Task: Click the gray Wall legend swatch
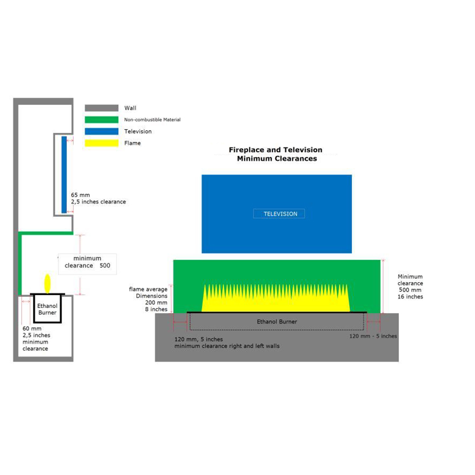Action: pyautogui.click(x=101, y=108)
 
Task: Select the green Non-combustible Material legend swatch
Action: pyautogui.click(x=101, y=120)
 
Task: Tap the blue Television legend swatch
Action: pyautogui.click(x=101, y=131)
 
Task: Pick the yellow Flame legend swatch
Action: pyautogui.click(x=101, y=143)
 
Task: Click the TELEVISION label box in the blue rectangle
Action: pyautogui.click(x=279, y=214)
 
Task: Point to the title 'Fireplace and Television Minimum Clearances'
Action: pyautogui.click(x=276, y=154)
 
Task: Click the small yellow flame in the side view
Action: pyautogui.click(x=47, y=283)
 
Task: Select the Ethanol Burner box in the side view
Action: pyautogui.click(x=47, y=309)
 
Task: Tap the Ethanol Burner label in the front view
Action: pyautogui.click(x=277, y=322)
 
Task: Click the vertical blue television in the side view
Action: pyautogui.click(x=64, y=175)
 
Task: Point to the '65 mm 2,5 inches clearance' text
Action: pyautogui.click(x=98, y=198)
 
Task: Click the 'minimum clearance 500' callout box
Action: pyautogui.click(x=87, y=262)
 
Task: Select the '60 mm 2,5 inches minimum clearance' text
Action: pyautogui.click(x=36, y=338)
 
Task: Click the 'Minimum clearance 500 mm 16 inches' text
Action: pyautogui.click(x=410, y=287)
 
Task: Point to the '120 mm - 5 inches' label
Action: pyautogui.click(x=373, y=336)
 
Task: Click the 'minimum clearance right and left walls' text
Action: pyautogui.click(x=227, y=346)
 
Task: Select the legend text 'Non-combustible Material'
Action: pyautogui.click(x=152, y=120)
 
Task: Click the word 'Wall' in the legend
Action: pyautogui.click(x=130, y=108)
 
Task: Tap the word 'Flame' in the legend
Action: pyautogui.click(x=132, y=143)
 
